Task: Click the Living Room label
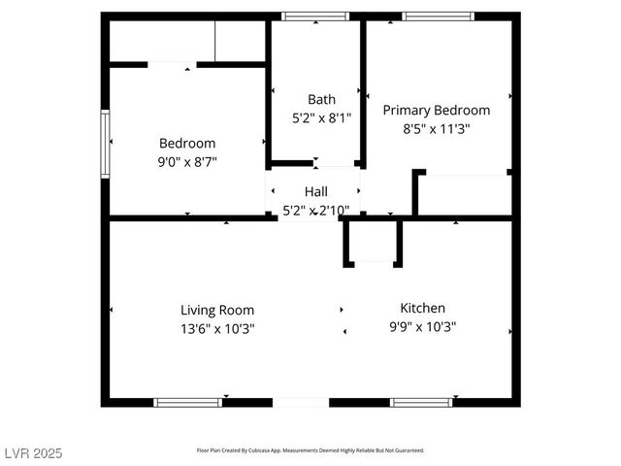[x=217, y=311]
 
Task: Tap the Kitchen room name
[x=422, y=308]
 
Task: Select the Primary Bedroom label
[x=436, y=111]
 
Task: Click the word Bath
[x=321, y=99]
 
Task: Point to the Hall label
[x=316, y=191]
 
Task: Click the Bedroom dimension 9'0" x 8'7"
[x=186, y=162]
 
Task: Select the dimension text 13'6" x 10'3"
[x=217, y=328]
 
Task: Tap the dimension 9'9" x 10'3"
[x=422, y=327]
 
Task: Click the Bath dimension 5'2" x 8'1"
[x=321, y=117]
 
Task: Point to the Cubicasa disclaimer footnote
[x=310, y=450]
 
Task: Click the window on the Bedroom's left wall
[x=106, y=144]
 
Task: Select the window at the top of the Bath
[x=314, y=17]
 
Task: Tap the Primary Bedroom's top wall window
[x=438, y=17]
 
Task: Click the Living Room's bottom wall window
[x=187, y=402]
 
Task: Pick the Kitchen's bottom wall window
[x=420, y=402]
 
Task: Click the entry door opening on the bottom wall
[x=301, y=402]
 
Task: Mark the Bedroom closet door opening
[x=172, y=65]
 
